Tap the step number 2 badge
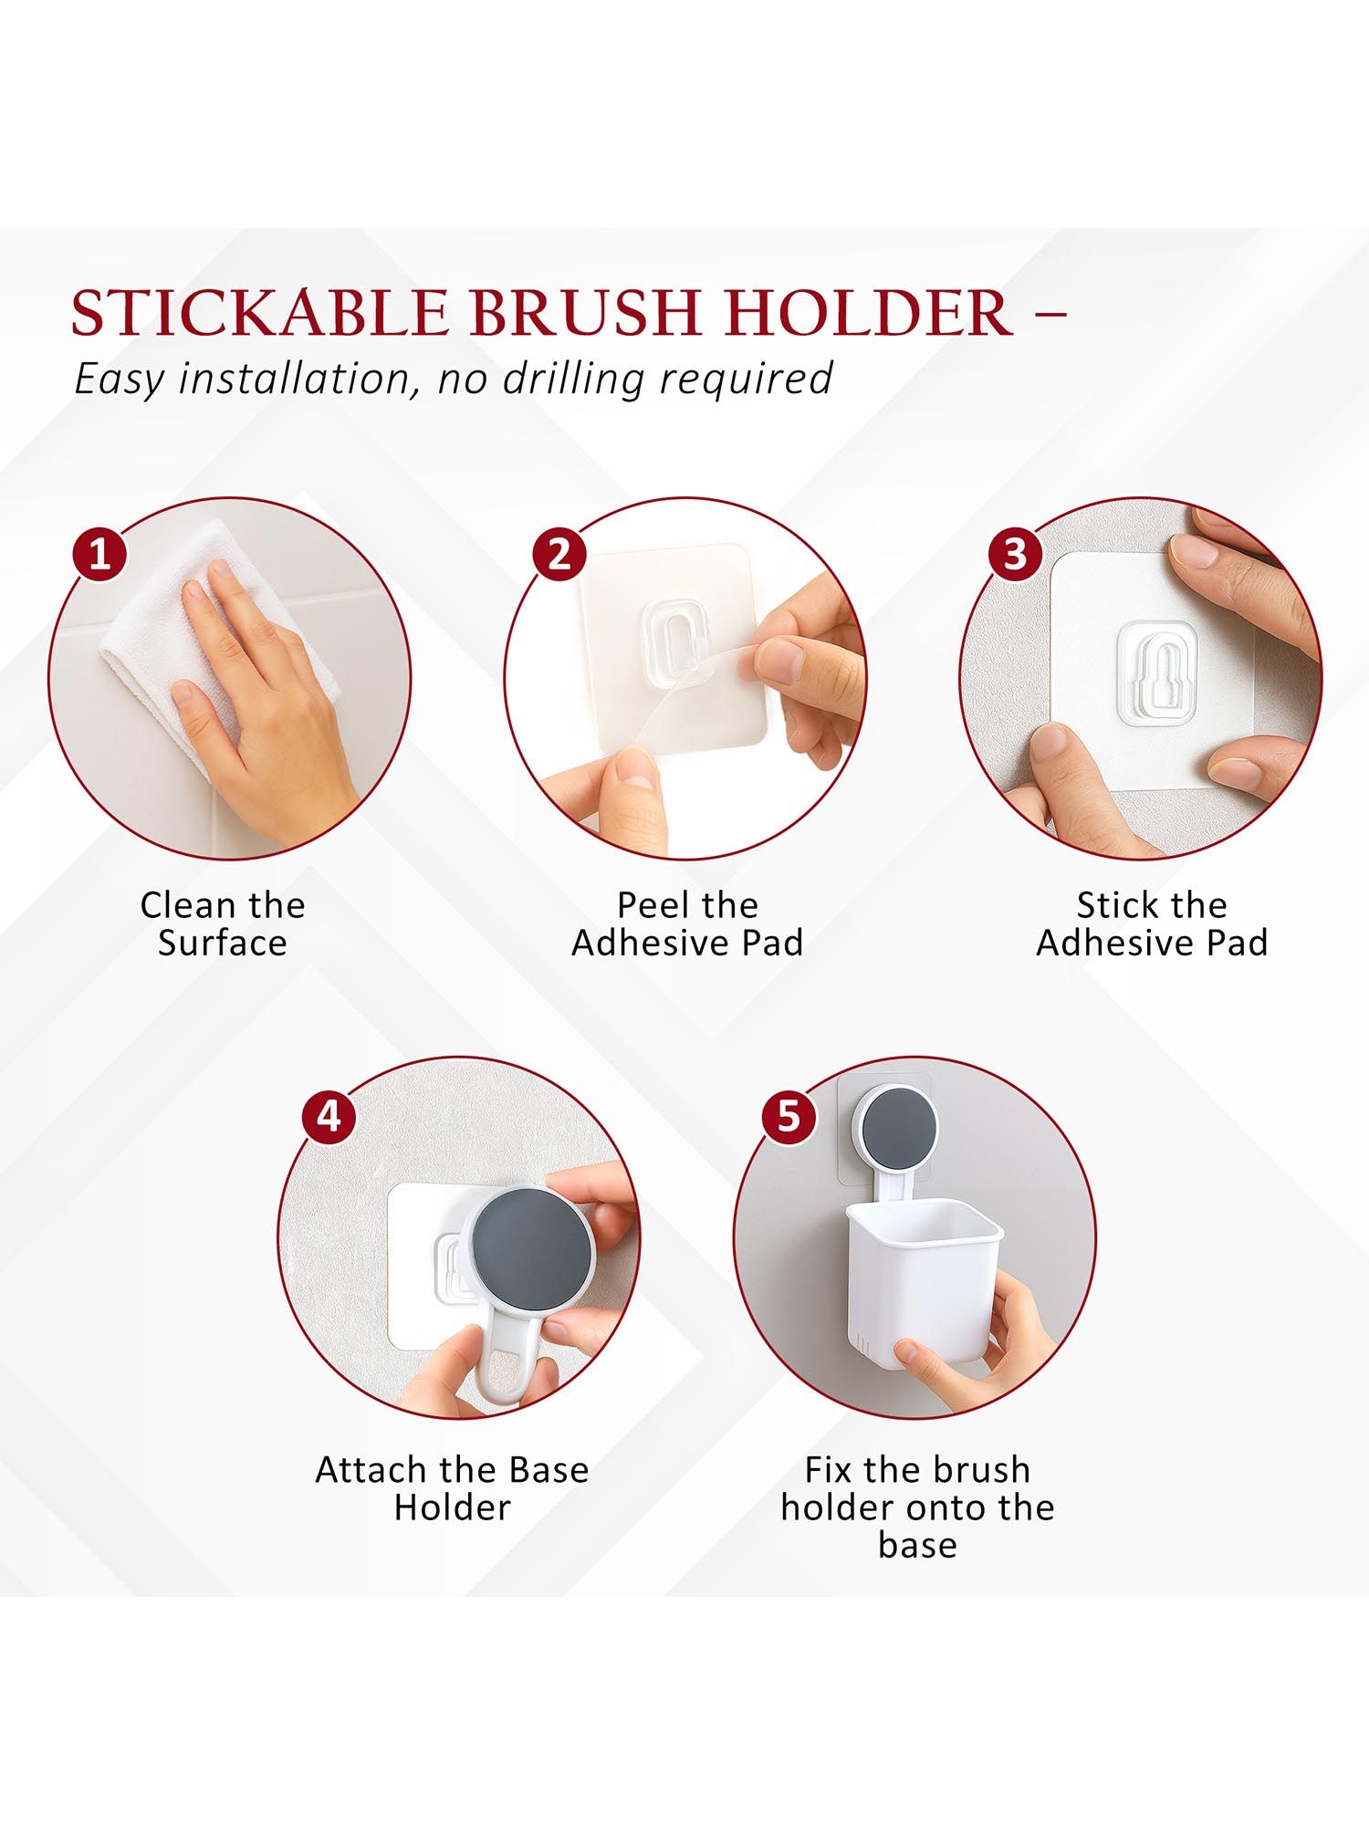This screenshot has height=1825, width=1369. pyautogui.click(x=559, y=554)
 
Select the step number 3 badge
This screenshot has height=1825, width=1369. pyautogui.click(x=1015, y=554)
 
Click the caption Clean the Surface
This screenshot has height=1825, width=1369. pyautogui.click(x=222, y=923)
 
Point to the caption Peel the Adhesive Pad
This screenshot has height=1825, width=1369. pyautogui.click(x=687, y=923)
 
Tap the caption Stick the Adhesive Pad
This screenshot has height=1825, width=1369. pyautogui.click(x=1152, y=923)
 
